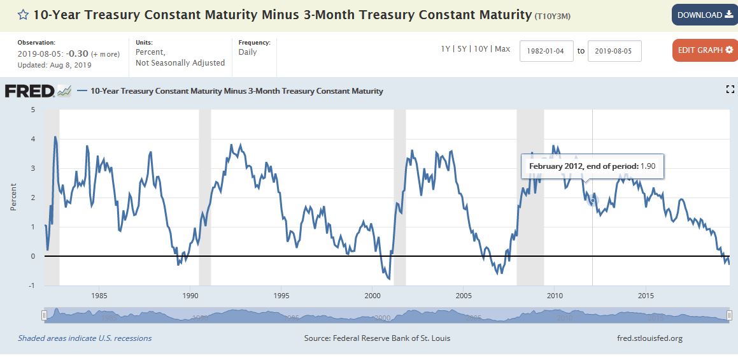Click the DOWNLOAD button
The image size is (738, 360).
click(x=704, y=15)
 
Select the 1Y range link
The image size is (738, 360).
click(x=446, y=49)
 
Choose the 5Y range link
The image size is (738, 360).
click(x=462, y=49)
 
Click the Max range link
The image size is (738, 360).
click(x=502, y=49)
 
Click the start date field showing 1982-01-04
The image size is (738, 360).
click(x=546, y=51)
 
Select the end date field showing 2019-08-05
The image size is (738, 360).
click(x=614, y=51)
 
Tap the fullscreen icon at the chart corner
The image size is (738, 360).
click(x=730, y=90)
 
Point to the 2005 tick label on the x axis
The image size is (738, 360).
click(x=464, y=296)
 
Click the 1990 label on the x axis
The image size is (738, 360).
click(x=190, y=296)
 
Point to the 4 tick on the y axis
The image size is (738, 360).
click(x=33, y=139)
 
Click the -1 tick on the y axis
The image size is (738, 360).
click(x=32, y=285)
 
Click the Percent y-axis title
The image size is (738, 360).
click(x=13, y=198)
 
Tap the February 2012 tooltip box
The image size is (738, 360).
click(x=593, y=167)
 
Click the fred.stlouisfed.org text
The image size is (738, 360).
click(x=649, y=338)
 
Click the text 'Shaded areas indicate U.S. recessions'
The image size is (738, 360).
click(x=85, y=338)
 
